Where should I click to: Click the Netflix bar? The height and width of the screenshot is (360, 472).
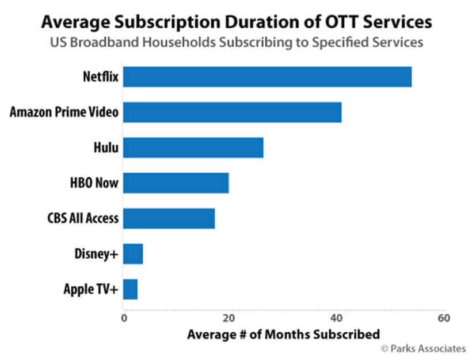(267, 77)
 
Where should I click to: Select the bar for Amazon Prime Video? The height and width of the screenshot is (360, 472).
(232, 112)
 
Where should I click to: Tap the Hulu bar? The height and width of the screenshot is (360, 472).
(193, 148)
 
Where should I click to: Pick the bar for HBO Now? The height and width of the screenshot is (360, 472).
(176, 183)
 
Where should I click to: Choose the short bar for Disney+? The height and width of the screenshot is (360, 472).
(133, 254)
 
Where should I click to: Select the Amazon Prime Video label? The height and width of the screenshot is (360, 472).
(64, 112)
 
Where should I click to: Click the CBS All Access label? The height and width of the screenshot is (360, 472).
(83, 219)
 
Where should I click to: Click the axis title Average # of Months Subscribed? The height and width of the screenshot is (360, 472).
(283, 334)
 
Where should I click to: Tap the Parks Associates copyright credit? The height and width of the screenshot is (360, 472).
(423, 348)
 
